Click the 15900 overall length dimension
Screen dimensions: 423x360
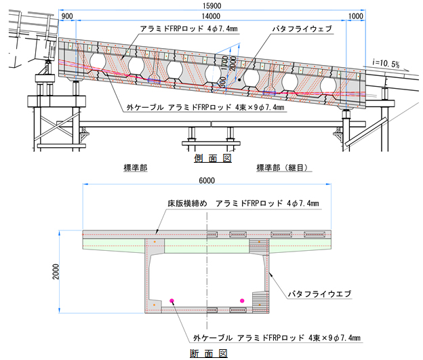tap(211, 5)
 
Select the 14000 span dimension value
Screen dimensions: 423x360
tap(211, 16)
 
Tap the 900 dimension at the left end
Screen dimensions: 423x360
tap(67, 16)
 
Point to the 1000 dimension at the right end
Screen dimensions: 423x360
tap(356, 16)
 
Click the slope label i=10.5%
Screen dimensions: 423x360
tap(386, 64)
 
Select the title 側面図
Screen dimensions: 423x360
tap(213, 158)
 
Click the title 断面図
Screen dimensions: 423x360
tap(209, 353)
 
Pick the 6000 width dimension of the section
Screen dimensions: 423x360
tap(207, 180)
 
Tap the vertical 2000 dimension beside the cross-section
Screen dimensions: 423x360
tap(56, 271)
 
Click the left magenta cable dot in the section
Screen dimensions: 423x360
tap(172, 300)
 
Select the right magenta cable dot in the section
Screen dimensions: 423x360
tap(242, 300)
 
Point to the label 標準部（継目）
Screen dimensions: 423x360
tap(282, 168)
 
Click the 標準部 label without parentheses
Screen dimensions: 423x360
tap(136, 168)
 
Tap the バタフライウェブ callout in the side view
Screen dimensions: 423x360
tap(302, 28)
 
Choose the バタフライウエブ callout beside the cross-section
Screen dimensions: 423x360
tap(320, 294)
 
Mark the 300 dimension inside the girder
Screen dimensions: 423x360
tap(223, 83)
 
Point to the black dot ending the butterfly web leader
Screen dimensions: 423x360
tap(239, 80)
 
